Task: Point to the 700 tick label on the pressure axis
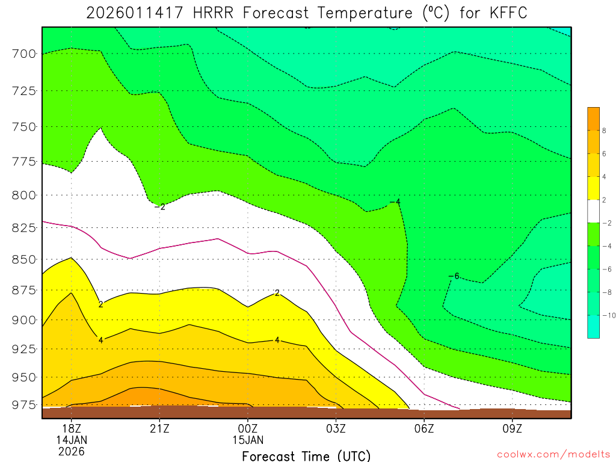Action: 24,54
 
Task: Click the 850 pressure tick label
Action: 24,259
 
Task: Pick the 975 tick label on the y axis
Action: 24,405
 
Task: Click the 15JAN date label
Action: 248,440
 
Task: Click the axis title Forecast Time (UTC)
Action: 306,456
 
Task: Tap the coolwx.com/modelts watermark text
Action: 553,455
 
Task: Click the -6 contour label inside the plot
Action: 454,276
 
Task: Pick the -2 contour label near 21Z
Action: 160,207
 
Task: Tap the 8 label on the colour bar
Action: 603,130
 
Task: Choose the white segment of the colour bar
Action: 593,211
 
